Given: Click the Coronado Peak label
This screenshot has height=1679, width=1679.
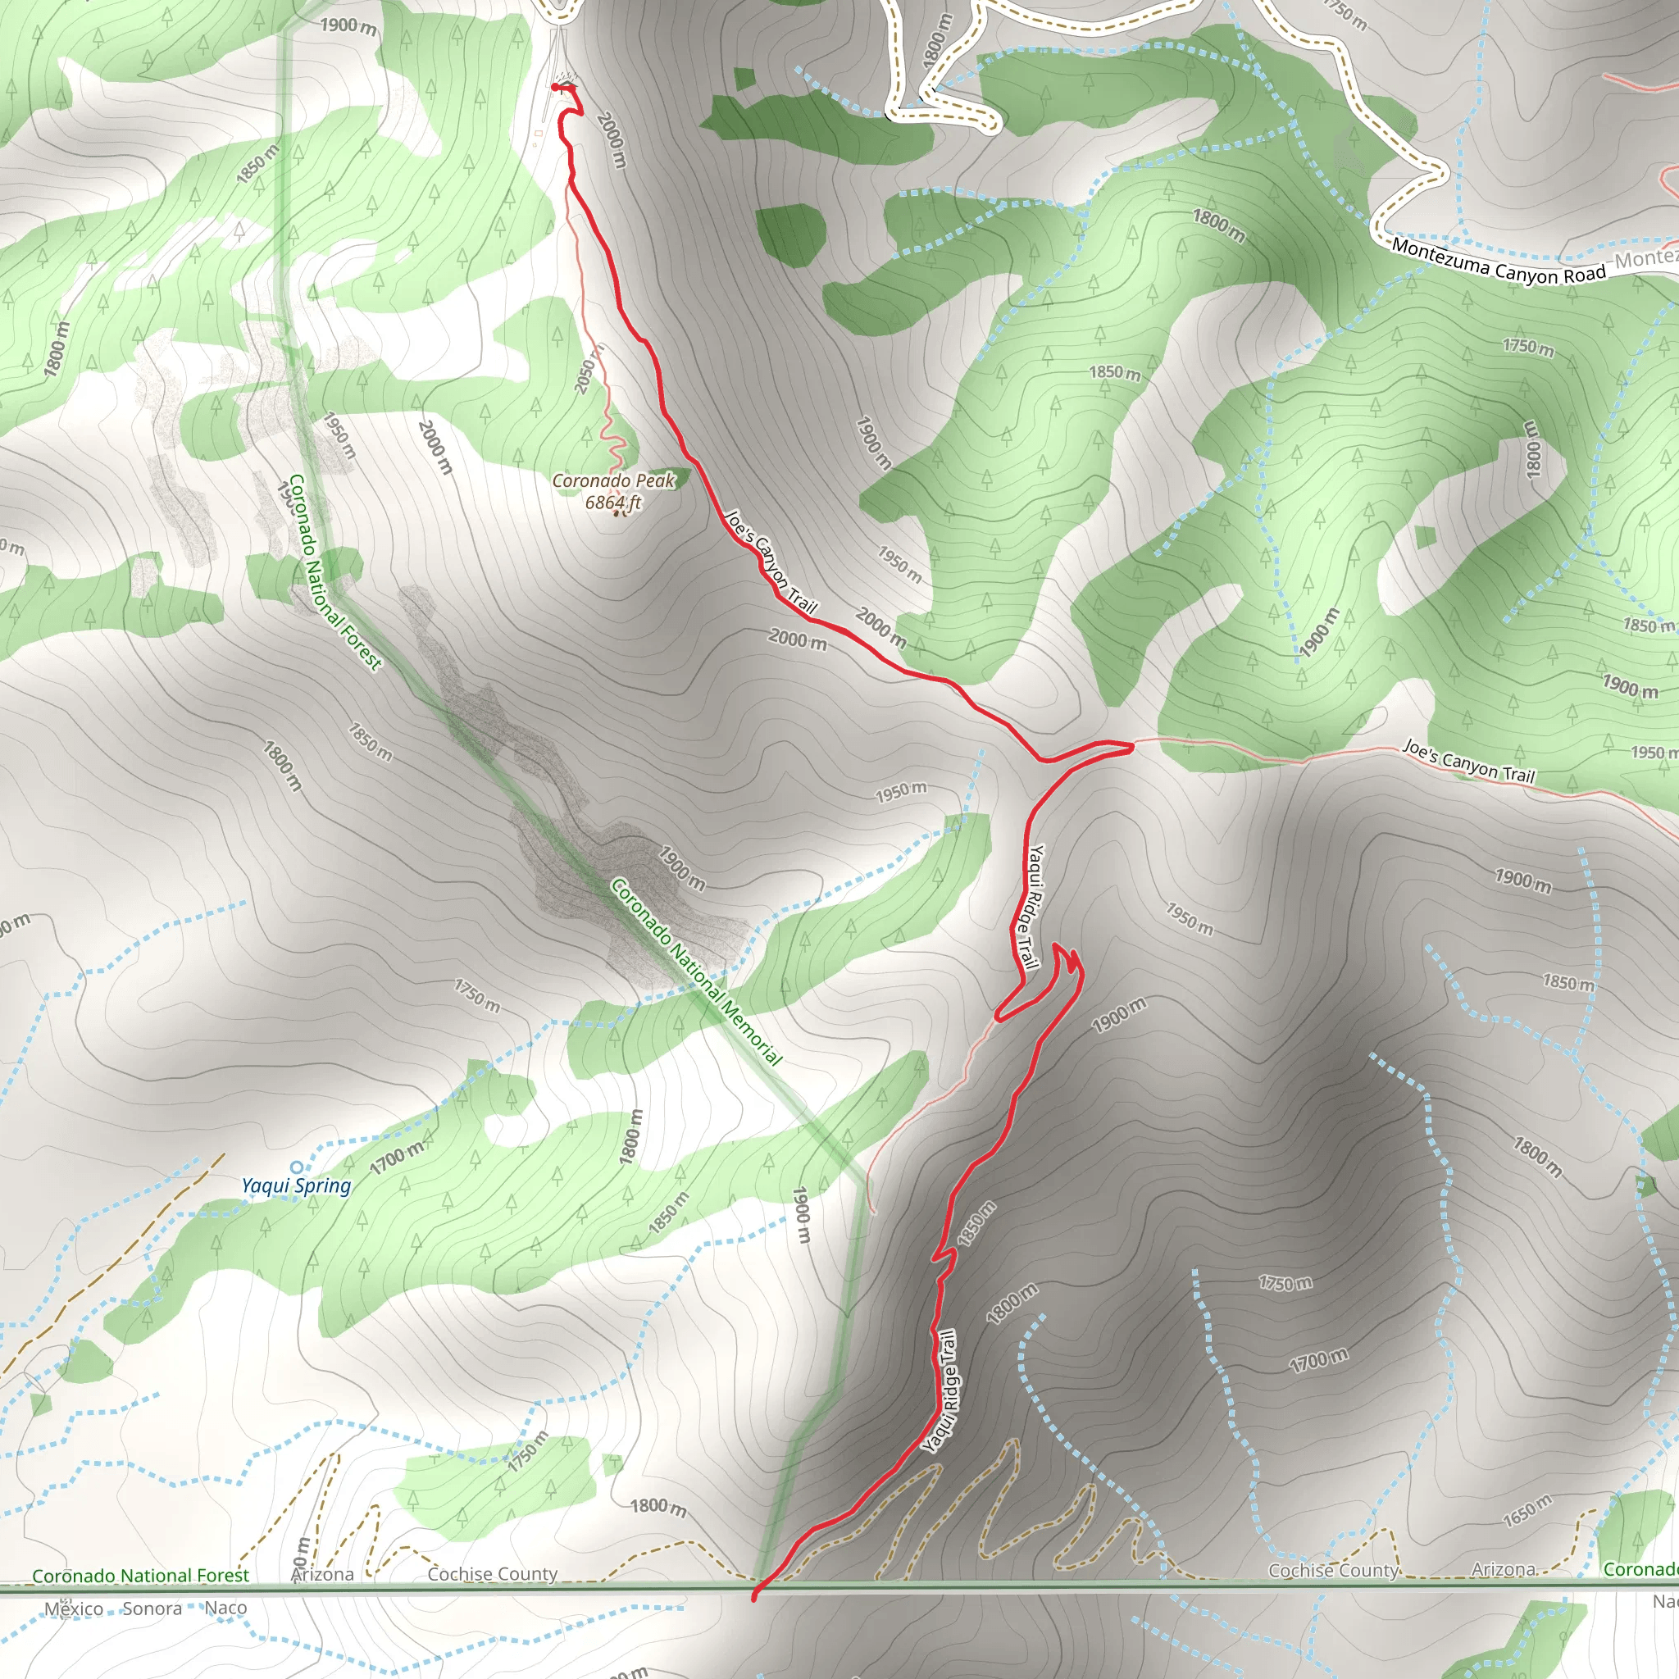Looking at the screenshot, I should click(613, 480).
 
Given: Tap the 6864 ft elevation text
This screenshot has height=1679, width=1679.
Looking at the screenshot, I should click(612, 503).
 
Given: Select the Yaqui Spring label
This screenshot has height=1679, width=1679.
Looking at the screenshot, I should click(296, 1185).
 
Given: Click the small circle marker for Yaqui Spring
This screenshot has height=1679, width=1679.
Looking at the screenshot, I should click(296, 1167).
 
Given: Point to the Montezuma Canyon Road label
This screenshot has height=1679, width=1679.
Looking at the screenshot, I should click(1499, 261).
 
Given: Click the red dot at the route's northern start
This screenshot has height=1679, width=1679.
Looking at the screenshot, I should click(555, 87).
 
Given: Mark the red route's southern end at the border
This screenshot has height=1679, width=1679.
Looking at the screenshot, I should click(753, 1596).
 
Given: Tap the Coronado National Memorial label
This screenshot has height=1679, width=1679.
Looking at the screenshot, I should click(696, 971).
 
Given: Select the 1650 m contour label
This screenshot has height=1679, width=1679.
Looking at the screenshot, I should click(1527, 1510).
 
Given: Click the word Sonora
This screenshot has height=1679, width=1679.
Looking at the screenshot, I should click(152, 1608).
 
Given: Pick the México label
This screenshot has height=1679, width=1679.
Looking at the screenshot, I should click(74, 1608).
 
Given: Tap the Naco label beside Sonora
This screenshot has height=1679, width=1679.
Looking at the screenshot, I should click(226, 1608).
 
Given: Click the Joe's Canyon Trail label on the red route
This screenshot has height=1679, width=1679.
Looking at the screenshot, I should click(770, 562).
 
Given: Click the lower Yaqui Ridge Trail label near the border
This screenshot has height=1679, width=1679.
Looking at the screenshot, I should click(940, 1390).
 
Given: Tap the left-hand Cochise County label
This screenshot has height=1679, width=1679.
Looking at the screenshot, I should click(492, 1574).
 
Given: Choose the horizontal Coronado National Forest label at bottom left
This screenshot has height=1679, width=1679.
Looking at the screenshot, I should click(140, 1576).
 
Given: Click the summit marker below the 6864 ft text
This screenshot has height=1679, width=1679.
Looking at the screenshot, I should click(617, 513).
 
